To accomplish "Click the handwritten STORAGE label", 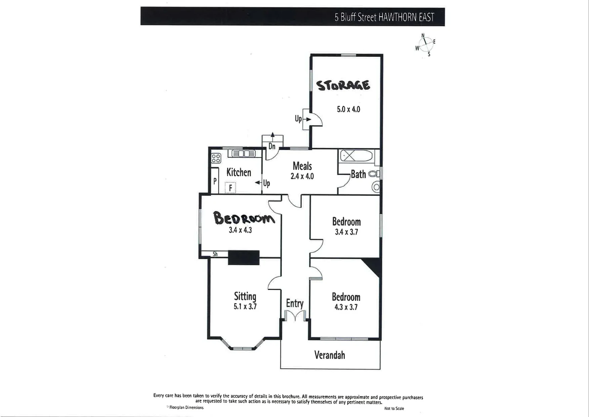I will coord(343,85).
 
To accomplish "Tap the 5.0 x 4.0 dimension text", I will coord(348,109).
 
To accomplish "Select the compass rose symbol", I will coord(425,44).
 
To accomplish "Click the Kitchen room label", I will coord(238,172).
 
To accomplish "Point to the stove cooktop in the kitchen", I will coord(216,158).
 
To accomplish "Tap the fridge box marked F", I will coord(230,188).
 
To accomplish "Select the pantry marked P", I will coord(215,181).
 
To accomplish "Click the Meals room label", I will coord(302,166).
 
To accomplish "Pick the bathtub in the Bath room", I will coord(356,156).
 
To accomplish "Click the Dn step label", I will coord(272,146).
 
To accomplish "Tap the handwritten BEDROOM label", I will coord(244,218).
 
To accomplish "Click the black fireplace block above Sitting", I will coord(243,258).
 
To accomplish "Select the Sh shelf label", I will coord(215,254).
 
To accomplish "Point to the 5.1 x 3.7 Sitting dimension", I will coord(245,307).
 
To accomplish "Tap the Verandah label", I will coord(329,355).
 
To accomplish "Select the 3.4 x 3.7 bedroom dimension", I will coord(346,232).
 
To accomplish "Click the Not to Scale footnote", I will coord(394,409).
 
